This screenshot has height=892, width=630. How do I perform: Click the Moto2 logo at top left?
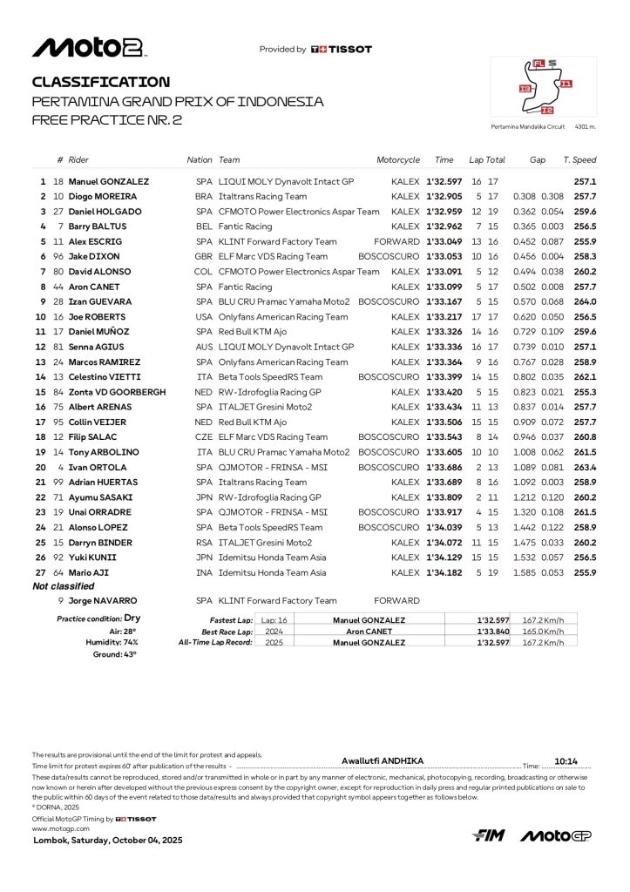click(88, 48)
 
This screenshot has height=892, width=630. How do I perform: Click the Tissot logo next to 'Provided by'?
click(341, 50)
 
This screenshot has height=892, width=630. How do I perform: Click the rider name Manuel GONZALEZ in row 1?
click(109, 182)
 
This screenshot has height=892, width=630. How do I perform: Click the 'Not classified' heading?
click(64, 587)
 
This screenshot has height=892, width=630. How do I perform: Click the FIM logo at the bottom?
click(489, 835)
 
